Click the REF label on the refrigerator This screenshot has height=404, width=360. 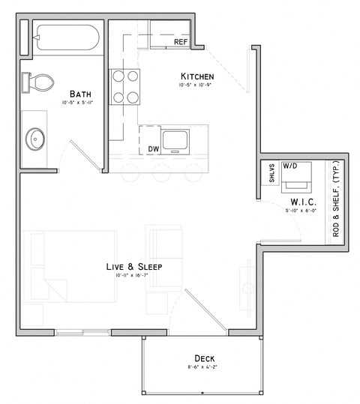(x=180, y=42)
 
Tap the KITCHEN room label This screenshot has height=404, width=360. (x=197, y=76)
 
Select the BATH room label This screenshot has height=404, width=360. (x=80, y=94)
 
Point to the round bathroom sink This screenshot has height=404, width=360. (x=36, y=137)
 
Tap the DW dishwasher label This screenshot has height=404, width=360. (x=153, y=149)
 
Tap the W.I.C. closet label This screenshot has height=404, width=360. (x=302, y=203)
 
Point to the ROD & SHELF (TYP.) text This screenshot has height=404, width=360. (x=336, y=199)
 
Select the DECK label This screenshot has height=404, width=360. (x=205, y=358)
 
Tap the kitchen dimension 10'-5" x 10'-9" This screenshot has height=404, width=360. (x=196, y=86)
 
